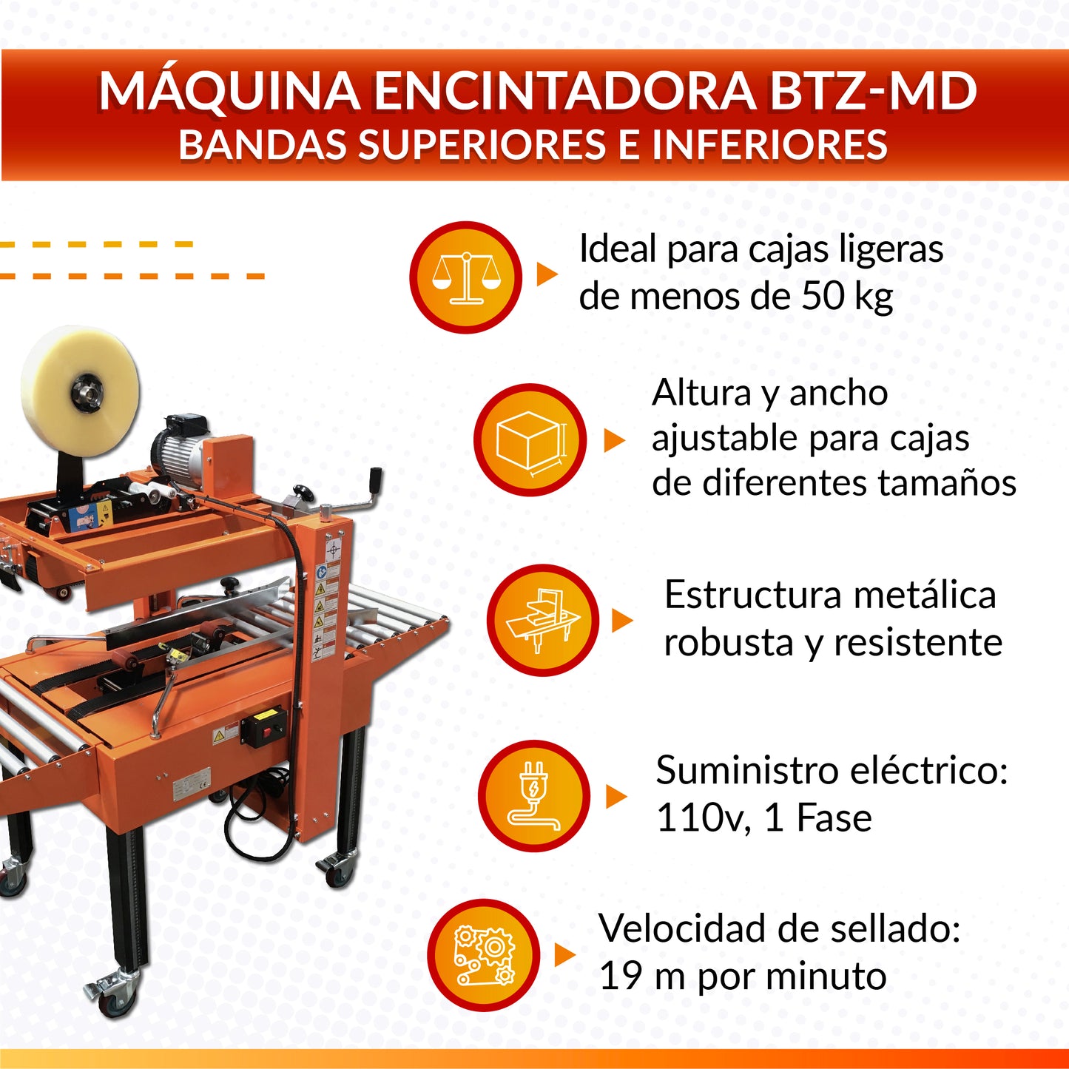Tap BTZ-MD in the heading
[x=873, y=91]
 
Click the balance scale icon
[x=466, y=277]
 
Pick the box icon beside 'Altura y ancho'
[x=530, y=439]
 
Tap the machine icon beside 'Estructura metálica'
[x=543, y=620]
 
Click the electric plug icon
[x=534, y=796]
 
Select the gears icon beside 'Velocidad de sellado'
[x=484, y=955]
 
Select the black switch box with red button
[x=263, y=726]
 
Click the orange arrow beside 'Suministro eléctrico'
[x=616, y=797]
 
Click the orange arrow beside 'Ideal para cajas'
[x=547, y=274]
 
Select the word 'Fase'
[x=834, y=818]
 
